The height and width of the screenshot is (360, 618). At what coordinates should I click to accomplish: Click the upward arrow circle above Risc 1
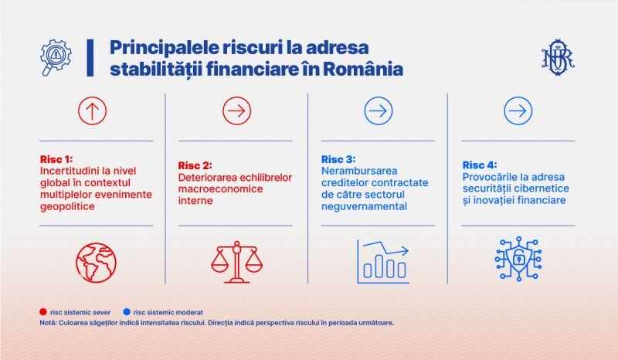tap(92, 97)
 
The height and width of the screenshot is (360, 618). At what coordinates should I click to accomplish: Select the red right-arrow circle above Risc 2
tap(237, 97)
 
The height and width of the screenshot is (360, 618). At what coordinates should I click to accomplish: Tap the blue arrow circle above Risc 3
tap(379, 97)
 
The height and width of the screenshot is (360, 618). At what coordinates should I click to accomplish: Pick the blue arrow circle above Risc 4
tap(518, 97)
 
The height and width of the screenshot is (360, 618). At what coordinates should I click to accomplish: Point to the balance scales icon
tap(236, 262)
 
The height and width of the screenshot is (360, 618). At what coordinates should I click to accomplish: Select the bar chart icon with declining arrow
tap(382, 261)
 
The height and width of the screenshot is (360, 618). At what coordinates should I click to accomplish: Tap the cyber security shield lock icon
tap(518, 259)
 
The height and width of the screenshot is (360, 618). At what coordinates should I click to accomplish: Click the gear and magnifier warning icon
tap(56, 56)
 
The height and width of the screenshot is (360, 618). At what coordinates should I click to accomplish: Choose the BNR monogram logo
tap(558, 58)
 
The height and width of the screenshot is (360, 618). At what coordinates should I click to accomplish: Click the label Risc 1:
tap(56, 159)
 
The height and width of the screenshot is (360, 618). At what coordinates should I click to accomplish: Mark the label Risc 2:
tap(195, 165)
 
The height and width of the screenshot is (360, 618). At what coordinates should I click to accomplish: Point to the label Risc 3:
tap(338, 159)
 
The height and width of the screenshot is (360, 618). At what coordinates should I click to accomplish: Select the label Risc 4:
tap(480, 165)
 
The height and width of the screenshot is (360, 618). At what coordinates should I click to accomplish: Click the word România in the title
tap(363, 69)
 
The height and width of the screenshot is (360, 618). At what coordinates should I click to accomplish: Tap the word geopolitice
tap(67, 206)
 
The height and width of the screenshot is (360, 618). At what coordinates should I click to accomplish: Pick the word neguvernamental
tap(364, 206)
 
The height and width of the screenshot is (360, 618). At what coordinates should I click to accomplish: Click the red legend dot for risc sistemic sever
tap(43, 312)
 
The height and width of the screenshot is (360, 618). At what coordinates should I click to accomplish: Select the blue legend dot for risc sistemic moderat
tap(127, 312)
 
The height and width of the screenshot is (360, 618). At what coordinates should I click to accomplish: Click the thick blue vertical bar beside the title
tap(90, 58)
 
